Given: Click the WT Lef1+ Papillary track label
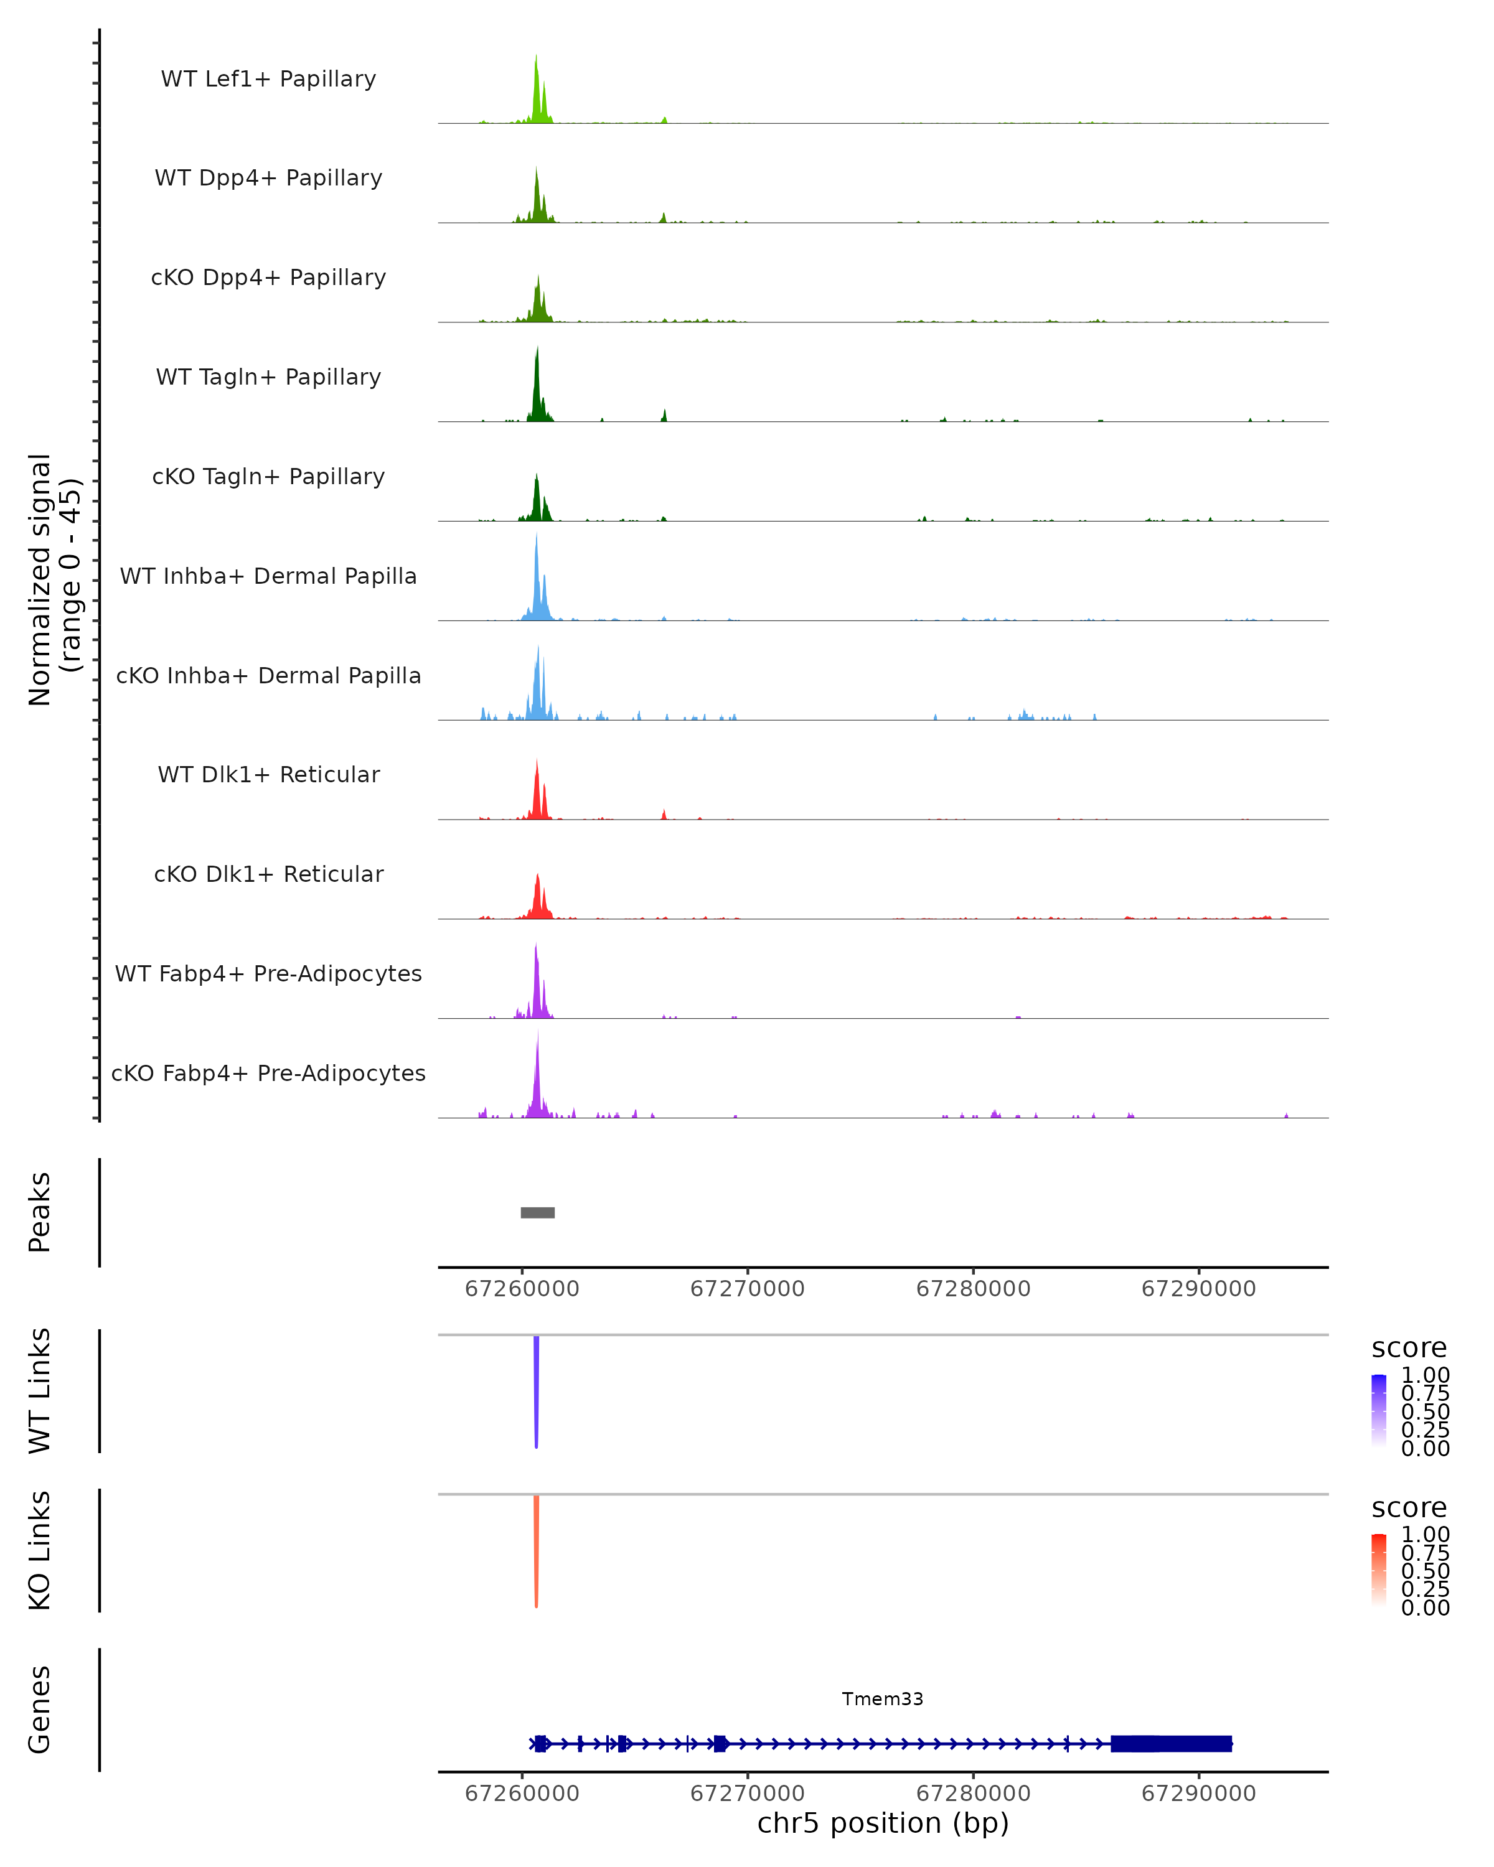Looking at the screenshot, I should pyautogui.click(x=268, y=79).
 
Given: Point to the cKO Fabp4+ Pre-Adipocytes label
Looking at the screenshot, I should pyautogui.click(x=268, y=1073).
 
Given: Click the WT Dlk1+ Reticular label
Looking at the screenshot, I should pyautogui.click(x=268, y=774).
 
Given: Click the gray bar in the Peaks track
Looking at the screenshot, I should pyautogui.click(x=537, y=1212).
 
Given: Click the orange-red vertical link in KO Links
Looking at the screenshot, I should pyautogui.click(x=536, y=1550).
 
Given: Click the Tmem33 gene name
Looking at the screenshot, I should pyautogui.click(x=883, y=1699).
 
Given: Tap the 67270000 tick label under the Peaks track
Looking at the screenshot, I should pyautogui.click(x=748, y=1289).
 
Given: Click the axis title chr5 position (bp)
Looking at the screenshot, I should pyautogui.click(x=883, y=1823).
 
